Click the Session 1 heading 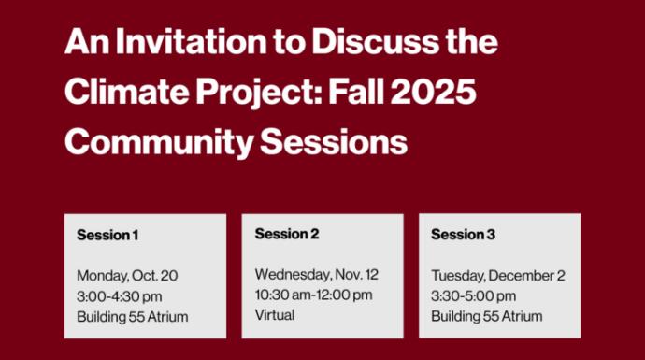point(107,235)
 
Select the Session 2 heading point(287,234)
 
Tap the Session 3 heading point(463,235)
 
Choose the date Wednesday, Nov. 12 point(317,274)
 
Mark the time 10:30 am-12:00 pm point(313,295)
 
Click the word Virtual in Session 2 point(274,315)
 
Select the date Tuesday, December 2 point(498,276)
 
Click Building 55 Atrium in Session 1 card point(132,317)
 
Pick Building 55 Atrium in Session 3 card point(486,317)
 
